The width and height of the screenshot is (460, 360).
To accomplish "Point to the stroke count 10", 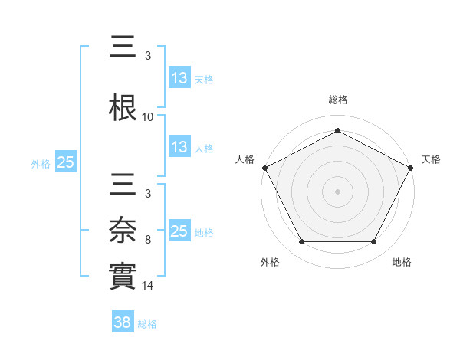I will (148, 117).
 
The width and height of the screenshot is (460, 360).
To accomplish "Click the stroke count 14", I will (148, 286).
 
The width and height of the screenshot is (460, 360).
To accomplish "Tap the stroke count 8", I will (148, 240).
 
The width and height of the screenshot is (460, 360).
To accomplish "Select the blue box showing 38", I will (123, 322).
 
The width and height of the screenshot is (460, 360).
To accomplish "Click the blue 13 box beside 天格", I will (179, 78).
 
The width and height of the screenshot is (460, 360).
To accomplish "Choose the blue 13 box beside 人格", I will (179, 147).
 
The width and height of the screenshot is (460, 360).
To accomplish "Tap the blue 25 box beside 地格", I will (179, 231).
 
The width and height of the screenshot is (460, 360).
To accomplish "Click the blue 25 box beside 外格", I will (65, 162).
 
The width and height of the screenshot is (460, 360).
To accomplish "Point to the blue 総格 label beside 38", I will (147, 324).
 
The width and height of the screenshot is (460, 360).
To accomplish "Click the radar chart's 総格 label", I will (337, 100).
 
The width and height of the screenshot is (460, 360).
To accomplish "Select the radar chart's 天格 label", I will (431, 159).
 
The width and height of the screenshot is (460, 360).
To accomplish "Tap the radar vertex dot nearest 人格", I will (264, 167).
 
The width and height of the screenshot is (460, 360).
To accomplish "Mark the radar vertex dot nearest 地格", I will (374, 242).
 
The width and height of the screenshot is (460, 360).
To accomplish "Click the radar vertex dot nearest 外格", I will (301, 242).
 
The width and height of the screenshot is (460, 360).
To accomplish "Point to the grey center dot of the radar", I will (337, 191).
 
